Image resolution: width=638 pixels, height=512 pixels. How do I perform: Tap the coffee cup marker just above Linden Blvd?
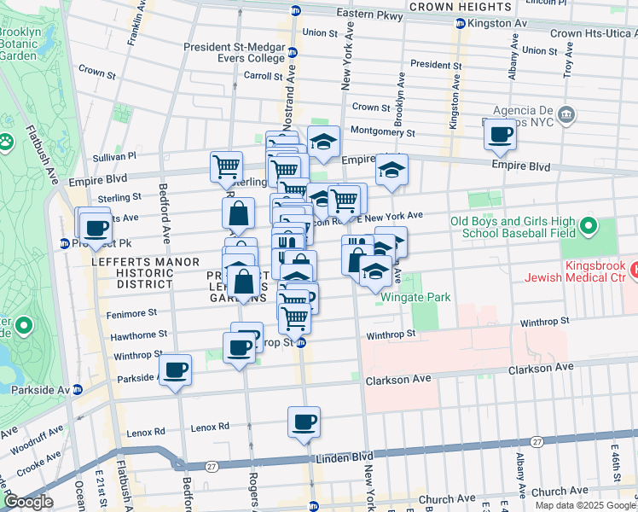click(x=304, y=422)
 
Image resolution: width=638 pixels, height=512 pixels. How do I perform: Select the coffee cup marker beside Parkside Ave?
click(x=176, y=369)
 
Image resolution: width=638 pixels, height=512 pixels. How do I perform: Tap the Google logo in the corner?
click(x=27, y=503)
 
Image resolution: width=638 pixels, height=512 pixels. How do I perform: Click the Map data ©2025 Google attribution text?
click(x=584, y=505)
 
